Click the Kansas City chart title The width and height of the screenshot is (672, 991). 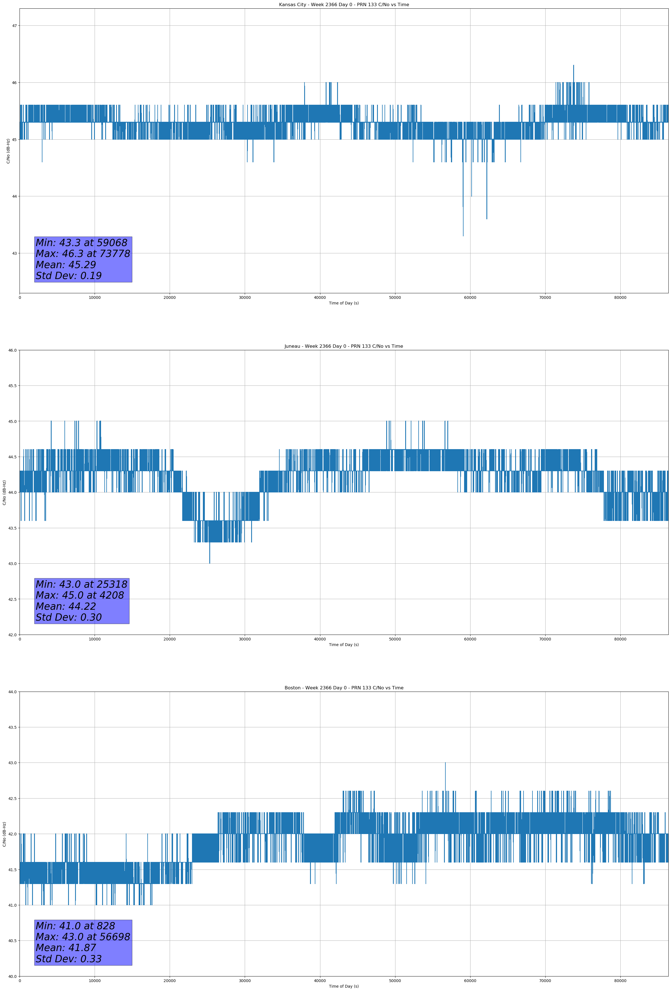point(344,5)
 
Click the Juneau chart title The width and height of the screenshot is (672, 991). point(344,346)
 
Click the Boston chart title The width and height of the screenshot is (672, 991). point(344,688)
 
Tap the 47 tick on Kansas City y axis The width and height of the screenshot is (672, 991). point(15,26)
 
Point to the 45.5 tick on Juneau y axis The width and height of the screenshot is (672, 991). point(12,386)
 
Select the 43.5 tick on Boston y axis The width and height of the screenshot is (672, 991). point(12,728)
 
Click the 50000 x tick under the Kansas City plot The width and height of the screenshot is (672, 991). point(395,298)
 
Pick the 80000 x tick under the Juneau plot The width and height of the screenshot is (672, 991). point(620,639)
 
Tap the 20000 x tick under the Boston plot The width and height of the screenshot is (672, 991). point(170,981)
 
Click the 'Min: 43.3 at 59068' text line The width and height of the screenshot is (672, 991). point(81,243)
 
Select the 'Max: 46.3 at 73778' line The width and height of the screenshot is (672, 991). point(83,254)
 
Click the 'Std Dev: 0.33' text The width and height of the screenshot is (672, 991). point(69,959)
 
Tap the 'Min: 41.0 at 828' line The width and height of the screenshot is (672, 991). point(75,926)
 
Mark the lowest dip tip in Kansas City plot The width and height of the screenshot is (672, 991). point(463,235)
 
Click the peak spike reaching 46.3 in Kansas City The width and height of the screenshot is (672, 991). point(573,66)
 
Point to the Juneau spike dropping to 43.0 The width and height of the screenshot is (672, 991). point(210,563)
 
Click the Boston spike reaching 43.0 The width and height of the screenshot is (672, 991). point(445,763)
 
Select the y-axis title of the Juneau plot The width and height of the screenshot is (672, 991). point(4,492)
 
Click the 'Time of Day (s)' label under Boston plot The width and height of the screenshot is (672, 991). point(344,986)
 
